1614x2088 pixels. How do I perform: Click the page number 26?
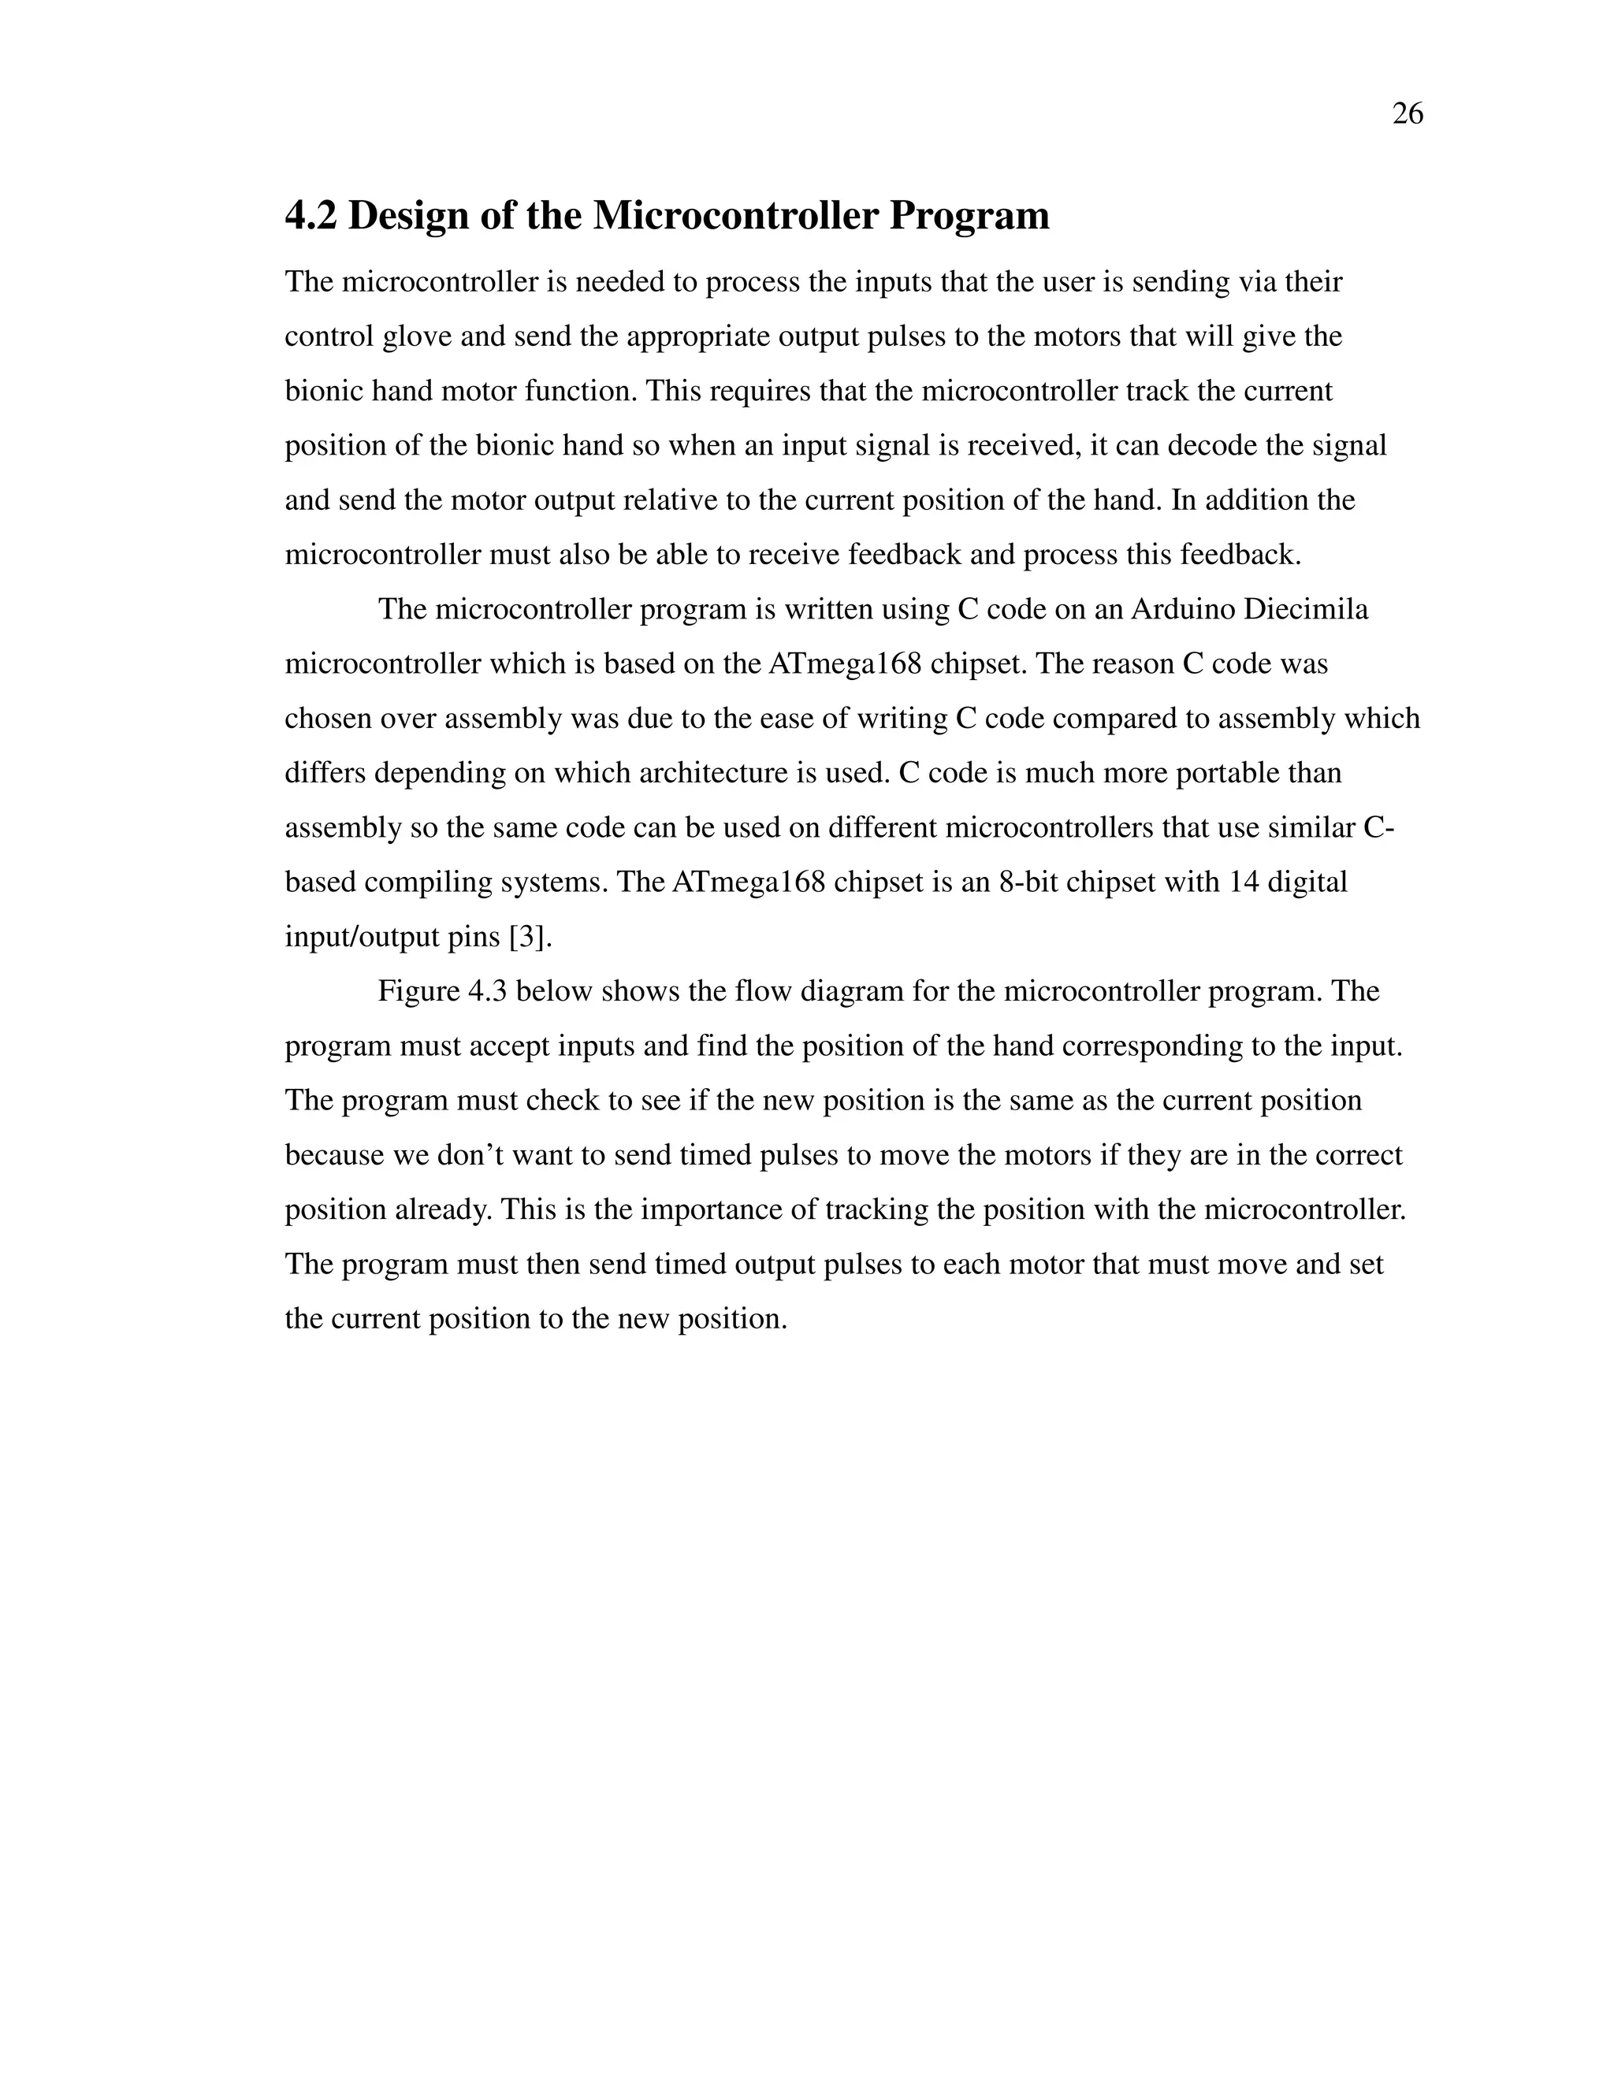pos(1408,113)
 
